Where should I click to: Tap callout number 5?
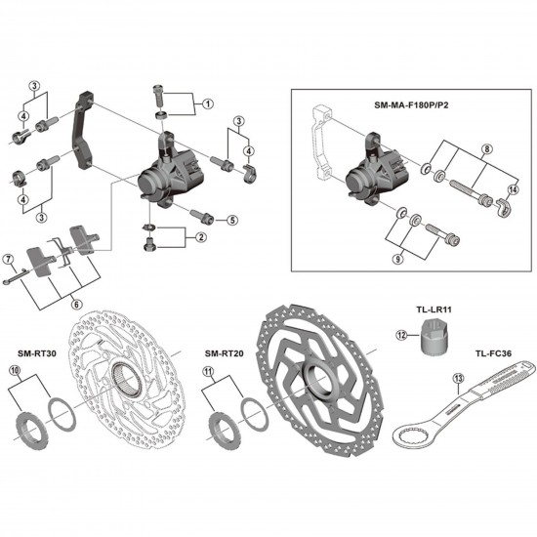click(232, 221)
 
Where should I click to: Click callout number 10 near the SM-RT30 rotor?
click(14, 372)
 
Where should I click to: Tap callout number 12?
click(400, 335)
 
